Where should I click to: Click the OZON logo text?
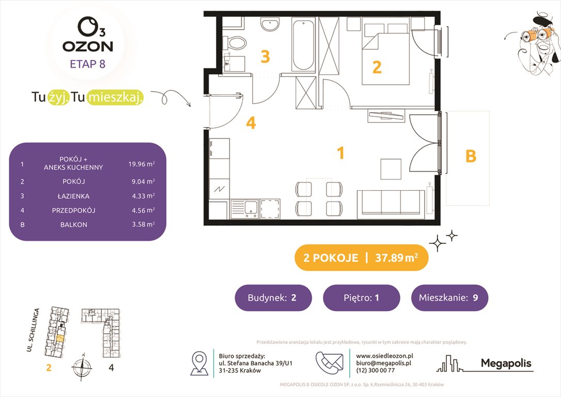pos(87,46)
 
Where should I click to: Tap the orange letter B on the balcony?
pos(471,156)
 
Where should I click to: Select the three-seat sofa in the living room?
pos(391,202)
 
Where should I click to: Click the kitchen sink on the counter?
pos(250,208)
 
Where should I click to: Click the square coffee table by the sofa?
pos(391,169)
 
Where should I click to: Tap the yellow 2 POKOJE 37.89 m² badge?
pos(361,258)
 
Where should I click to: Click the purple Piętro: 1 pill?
pos(361,298)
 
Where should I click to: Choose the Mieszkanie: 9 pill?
pos(449,298)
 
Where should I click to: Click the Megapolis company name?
pos(506,363)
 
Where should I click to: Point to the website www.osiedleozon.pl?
pos(384,356)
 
